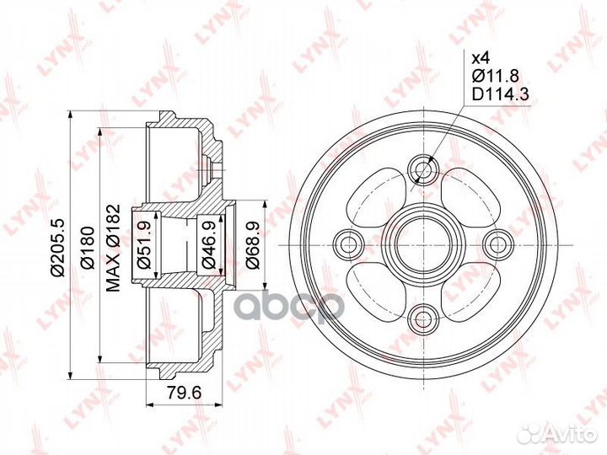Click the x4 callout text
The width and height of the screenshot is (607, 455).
pyautogui.click(x=479, y=58)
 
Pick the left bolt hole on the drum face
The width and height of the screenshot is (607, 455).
pyautogui.click(x=347, y=244)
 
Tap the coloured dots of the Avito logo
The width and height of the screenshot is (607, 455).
pyautogui.click(x=533, y=432)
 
